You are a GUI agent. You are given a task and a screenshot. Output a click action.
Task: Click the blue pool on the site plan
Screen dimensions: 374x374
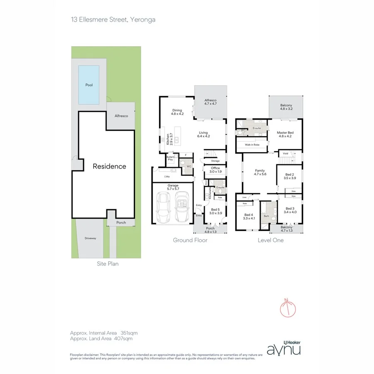(x=89, y=85)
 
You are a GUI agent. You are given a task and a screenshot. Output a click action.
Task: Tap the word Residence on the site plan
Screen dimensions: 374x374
(x=109, y=166)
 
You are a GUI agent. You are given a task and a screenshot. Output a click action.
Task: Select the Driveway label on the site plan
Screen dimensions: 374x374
(x=90, y=238)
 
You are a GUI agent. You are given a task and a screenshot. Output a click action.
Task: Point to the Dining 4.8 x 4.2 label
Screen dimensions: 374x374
(x=177, y=112)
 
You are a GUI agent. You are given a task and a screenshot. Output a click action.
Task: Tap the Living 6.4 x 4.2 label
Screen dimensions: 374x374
(x=203, y=134)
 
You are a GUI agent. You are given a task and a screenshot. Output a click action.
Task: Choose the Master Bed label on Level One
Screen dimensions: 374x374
(x=285, y=134)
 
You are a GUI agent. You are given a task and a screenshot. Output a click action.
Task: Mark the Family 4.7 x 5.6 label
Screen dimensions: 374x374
(x=260, y=172)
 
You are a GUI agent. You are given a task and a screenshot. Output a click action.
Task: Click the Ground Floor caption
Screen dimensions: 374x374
(x=190, y=240)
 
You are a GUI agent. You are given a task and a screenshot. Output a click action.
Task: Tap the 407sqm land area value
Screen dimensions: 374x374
(x=125, y=339)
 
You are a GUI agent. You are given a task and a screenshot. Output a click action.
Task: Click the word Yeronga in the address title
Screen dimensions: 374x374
(x=143, y=20)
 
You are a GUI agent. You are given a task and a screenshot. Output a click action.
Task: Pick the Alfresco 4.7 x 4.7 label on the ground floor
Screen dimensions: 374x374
(x=211, y=102)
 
